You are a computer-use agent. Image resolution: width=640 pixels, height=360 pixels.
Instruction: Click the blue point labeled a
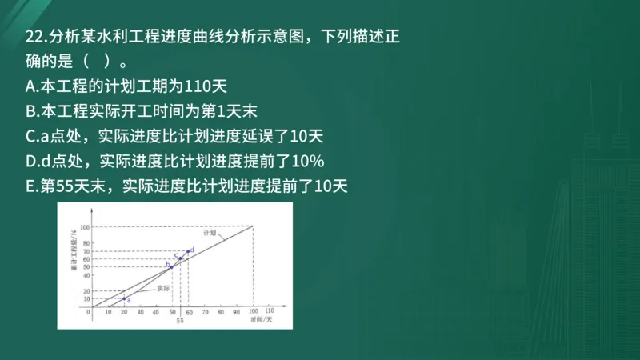point(124,298)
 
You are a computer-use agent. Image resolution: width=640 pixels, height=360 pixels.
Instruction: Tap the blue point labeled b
point(170,266)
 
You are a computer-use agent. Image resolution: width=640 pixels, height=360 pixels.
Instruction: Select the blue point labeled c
point(179,258)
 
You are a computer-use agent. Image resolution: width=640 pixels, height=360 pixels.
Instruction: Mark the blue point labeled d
point(188,251)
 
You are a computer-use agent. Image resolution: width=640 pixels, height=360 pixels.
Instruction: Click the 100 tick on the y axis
point(85,226)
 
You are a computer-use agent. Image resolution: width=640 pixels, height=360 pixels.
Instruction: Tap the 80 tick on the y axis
point(86,242)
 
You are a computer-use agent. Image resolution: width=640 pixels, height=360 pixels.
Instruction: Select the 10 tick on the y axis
point(86,298)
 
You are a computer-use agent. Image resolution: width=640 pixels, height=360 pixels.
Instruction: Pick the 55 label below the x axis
point(180,320)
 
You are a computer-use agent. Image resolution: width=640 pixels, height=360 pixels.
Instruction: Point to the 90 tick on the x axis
point(237,311)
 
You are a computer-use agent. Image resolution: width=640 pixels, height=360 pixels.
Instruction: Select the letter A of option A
point(30,86)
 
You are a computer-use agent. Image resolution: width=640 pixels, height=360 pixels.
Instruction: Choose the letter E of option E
point(30,186)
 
